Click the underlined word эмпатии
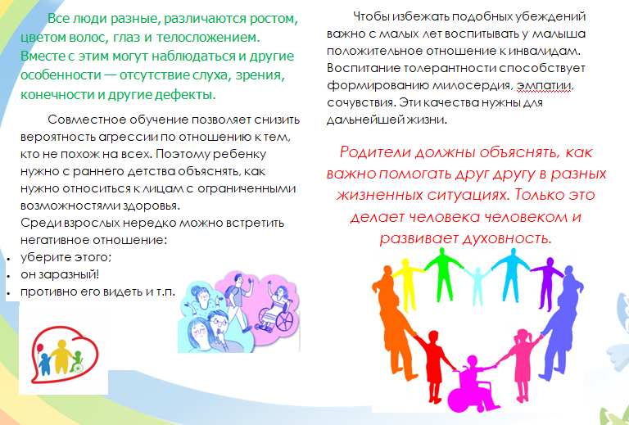(x=545, y=86)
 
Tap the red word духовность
(x=508, y=238)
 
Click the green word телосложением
(x=208, y=38)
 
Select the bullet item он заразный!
(x=60, y=274)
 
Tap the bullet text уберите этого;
(x=66, y=257)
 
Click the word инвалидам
(x=547, y=52)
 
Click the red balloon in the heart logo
(x=39, y=348)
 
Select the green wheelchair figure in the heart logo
(x=77, y=362)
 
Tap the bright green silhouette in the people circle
(x=443, y=274)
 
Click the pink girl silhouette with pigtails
(x=521, y=362)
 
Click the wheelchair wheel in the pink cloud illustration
(x=285, y=321)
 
